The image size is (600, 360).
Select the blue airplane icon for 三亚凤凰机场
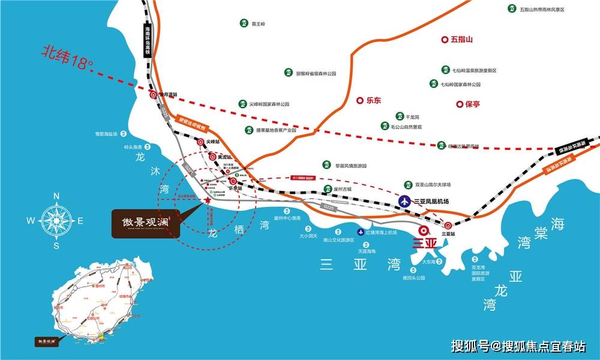(x=404, y=202)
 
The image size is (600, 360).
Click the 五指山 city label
(x=461, y=40)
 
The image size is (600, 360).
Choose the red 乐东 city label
(x=373, y=101)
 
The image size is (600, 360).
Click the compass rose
(x=56, y=220)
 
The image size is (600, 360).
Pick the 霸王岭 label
(x=258, y=23)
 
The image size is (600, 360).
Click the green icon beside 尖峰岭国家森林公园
(x=243, y=104)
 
